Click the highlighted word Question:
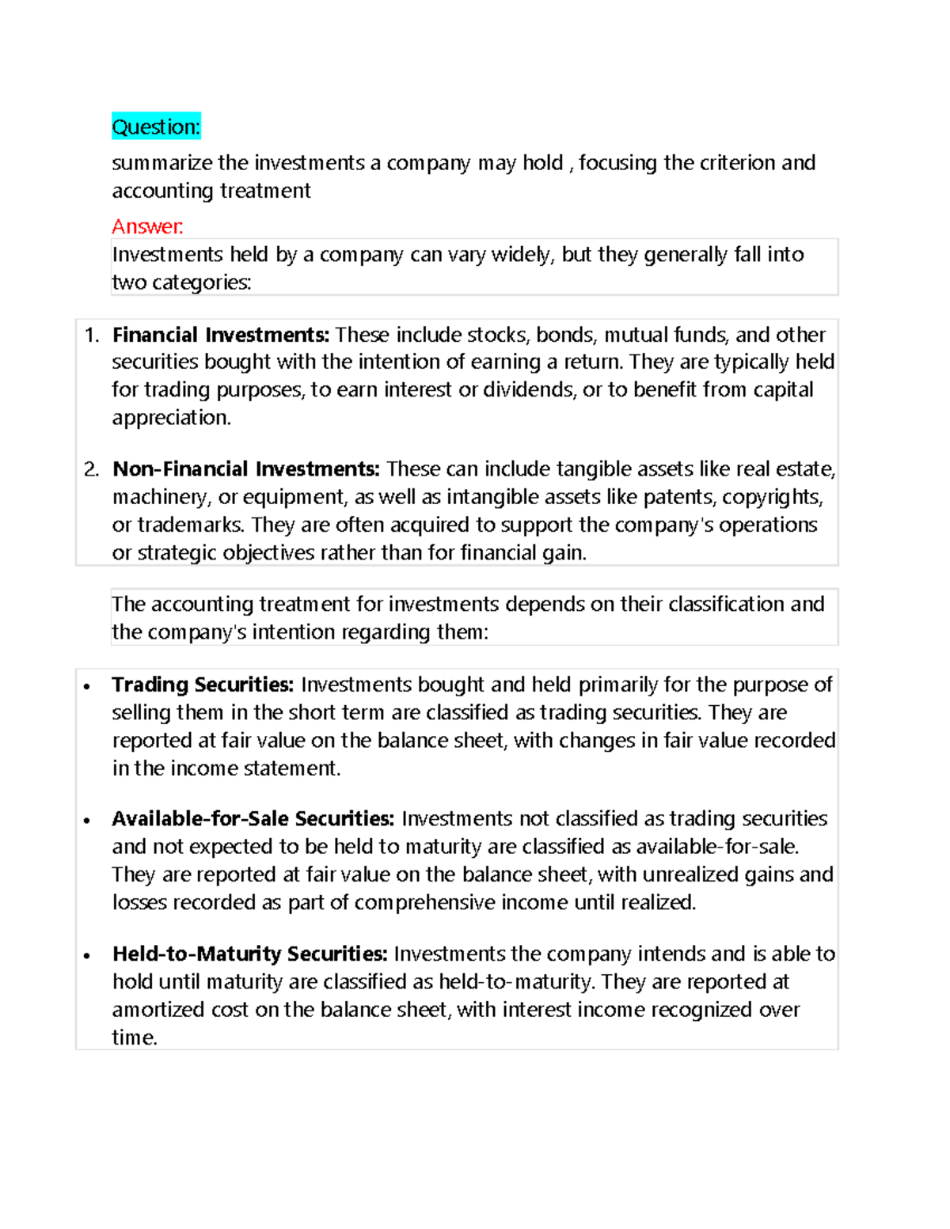click(156, 127)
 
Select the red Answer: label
click(147, 227)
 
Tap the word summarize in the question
click(161, 163)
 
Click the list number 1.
click(91, 335)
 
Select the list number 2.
click(91, 469)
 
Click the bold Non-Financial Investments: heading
click(246, 469)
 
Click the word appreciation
click(171, 418)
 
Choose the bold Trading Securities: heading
click(203, 685)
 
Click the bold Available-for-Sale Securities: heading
click(253, 819)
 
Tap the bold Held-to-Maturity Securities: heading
click(249, 954)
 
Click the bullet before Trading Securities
click(87, 686)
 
